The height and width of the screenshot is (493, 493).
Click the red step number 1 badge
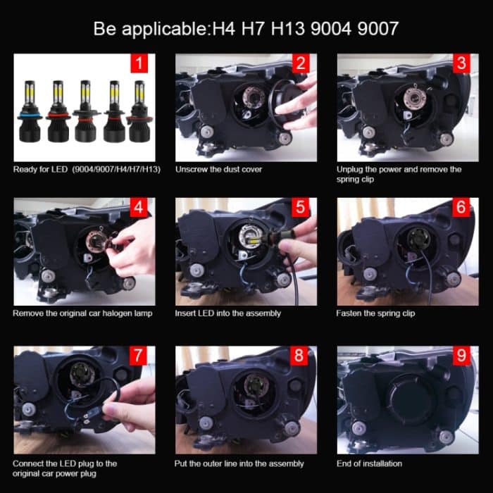139,65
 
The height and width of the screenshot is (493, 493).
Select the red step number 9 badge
461,356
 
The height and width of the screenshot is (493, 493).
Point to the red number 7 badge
139,356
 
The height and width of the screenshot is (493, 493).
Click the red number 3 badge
461,65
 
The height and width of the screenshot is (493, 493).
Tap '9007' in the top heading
375,29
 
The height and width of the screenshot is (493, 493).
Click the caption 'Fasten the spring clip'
377,313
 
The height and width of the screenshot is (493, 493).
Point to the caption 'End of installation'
370,463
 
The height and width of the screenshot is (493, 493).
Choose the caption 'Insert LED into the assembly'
228,313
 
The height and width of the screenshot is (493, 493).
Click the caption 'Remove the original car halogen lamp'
82,313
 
